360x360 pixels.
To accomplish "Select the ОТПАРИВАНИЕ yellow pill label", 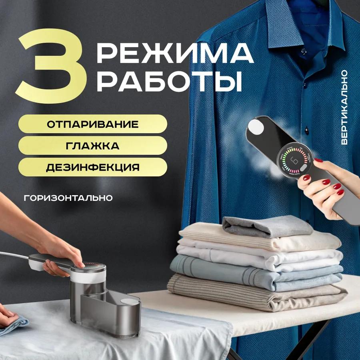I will coord(92,124).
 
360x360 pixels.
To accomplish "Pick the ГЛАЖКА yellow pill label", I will coord(92,146).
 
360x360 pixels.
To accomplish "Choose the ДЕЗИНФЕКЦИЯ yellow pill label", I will coord(92,167).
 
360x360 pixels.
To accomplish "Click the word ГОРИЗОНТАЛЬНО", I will coord(68,198).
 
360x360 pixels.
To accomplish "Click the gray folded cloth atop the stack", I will coord(266,226).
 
